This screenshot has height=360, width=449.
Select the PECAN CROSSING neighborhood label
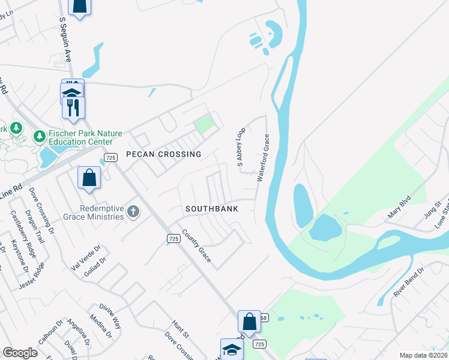pos(163,154)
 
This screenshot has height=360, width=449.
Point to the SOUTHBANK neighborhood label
pos(212,209)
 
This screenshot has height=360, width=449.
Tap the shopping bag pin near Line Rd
pos(89,178)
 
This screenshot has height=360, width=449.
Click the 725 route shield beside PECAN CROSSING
pos(110,157)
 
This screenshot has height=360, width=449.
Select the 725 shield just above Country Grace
pos(173,239)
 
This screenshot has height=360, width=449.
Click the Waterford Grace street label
pos(263,158)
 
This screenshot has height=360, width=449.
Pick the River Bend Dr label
pos(408,282)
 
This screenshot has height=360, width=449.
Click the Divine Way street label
pos(110,316)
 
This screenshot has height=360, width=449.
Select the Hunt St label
pos(180,329)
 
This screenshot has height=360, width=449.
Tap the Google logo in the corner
pos(20,353)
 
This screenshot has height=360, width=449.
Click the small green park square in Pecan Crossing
pos(204,125)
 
